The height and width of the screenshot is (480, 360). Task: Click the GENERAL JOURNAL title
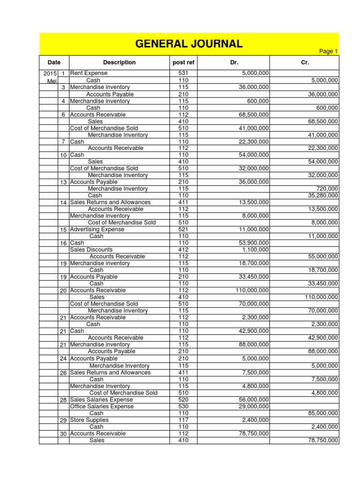point(189,44)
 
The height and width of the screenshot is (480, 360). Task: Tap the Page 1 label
point(329,52)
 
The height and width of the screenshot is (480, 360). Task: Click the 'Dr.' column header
point(235,62)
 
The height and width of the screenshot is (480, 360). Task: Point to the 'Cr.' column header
point(304,62)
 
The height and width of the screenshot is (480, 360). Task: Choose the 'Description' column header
point(119,62)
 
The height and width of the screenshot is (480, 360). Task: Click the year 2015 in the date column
point(49,74)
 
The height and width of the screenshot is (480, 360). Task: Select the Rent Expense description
point(89,73)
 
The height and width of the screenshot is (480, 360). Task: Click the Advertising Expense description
point(97,230)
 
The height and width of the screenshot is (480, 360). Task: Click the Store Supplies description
point(89,420)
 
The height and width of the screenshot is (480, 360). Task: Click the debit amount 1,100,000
point(255,250)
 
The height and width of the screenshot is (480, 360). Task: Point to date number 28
point(63,400)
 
